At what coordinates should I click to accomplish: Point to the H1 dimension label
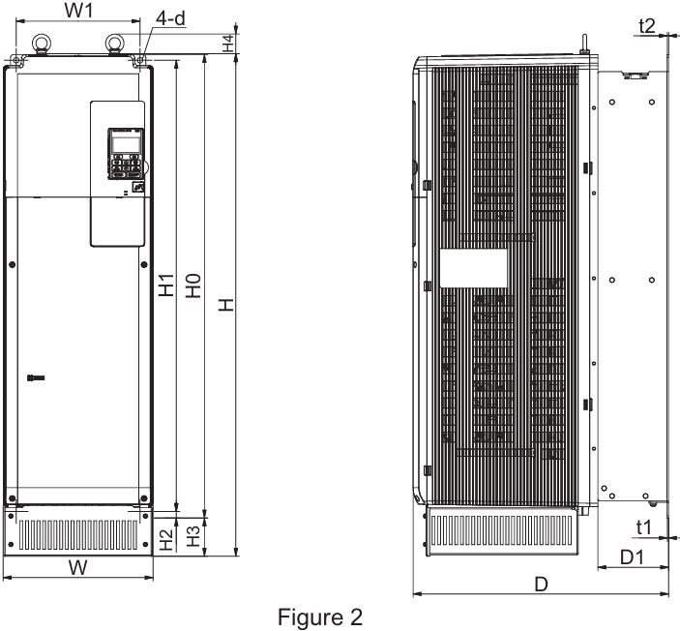click(165, 289)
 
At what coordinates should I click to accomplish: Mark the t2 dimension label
click(647, 24)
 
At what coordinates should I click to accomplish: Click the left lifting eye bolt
click(44, 43)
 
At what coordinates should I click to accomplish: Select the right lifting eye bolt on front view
click(114, 43)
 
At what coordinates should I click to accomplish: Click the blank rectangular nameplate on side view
click(473, 268)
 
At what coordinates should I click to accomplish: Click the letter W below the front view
click(79, 568)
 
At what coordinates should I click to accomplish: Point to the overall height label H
click(226, 305)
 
